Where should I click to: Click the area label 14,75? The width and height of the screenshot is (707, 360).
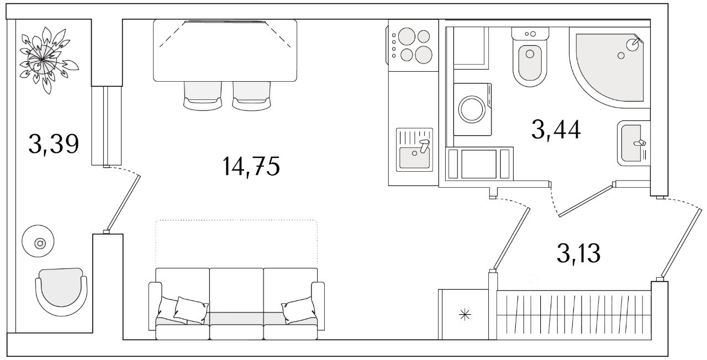click(251, 166)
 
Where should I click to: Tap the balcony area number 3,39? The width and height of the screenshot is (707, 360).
click(54, 144)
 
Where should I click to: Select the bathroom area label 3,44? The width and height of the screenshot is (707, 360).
click(556, 130)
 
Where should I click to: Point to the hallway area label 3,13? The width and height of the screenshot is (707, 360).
click(578, 253)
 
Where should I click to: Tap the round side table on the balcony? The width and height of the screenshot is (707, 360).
click(38, 241)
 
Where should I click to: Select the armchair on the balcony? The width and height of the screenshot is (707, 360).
click(61, 292)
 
